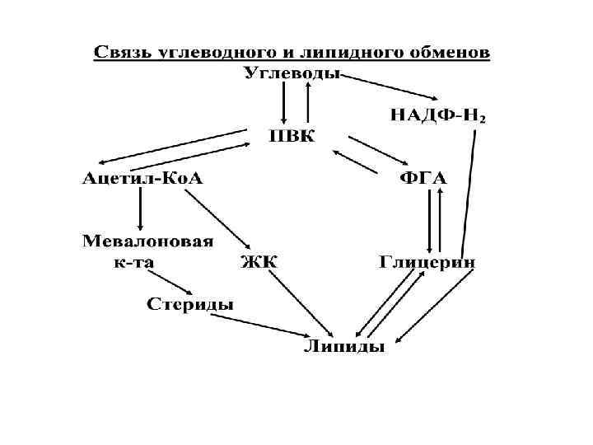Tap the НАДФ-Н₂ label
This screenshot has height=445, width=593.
[x=437, y=115]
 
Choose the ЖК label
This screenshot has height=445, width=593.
[x=259, y=263]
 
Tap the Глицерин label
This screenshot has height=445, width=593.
[x=427, y=263]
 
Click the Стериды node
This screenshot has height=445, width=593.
[x=190, y=304]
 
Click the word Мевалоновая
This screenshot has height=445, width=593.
[x=148, y=241]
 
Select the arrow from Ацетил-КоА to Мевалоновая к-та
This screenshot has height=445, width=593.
[x=142, y=207]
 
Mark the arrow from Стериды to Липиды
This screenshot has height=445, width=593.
[x=247, y=325]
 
